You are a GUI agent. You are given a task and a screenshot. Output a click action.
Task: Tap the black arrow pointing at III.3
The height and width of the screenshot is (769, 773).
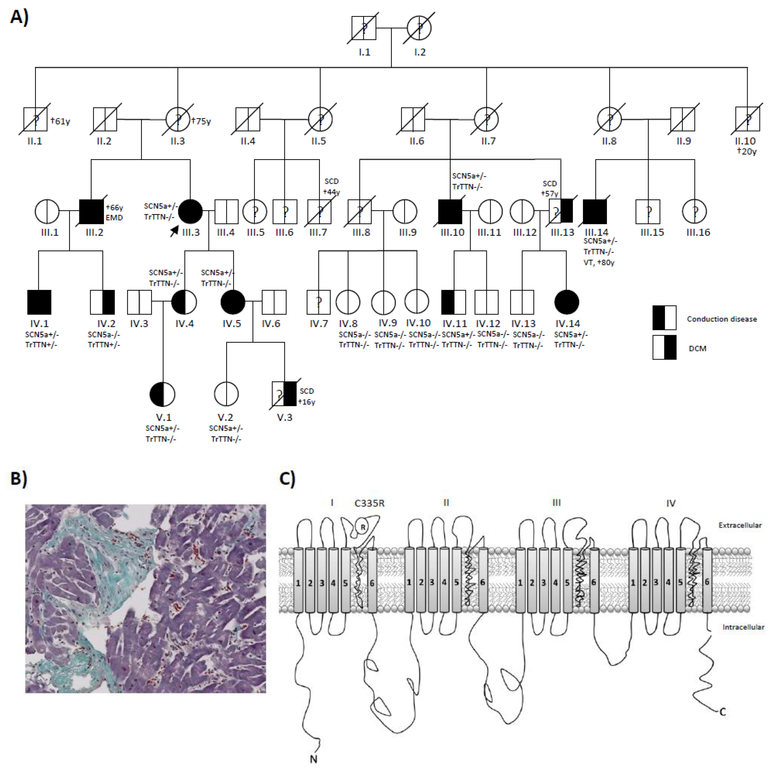click(x=174, y=231)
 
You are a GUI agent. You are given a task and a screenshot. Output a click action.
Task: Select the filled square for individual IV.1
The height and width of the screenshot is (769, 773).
click(x=39, y=302)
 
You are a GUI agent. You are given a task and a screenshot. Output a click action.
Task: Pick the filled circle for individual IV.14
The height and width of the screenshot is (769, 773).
click(x=567, y=302)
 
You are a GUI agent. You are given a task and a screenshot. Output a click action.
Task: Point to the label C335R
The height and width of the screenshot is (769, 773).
click(x=369, y=503)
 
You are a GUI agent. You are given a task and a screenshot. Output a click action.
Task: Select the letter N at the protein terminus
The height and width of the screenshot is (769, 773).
click(x=314, y=759)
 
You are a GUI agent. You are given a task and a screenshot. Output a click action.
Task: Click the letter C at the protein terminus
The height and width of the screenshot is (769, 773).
click(x=723, y=712)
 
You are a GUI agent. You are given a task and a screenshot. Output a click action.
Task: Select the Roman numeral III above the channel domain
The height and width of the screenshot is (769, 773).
click(x=556, y=503)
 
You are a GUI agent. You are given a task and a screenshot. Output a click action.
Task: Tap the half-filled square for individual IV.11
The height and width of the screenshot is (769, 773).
click(x=454, y=302)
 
